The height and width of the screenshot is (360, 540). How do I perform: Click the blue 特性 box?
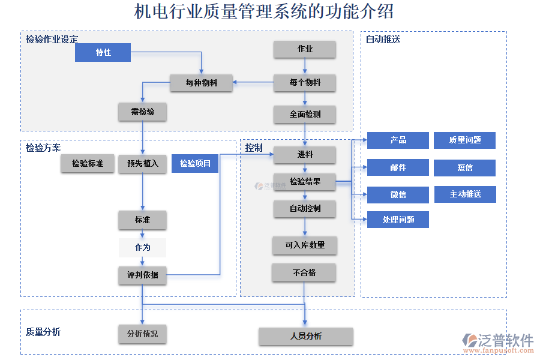click(103, 52)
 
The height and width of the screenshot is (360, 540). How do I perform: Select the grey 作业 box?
click(305, 49)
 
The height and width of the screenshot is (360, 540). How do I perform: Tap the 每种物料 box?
click(201, 83)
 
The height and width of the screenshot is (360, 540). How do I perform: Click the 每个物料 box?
click(305, 83)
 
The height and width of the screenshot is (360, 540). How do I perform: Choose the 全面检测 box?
click(305, 114)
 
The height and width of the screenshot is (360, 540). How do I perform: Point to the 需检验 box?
click(142, 112)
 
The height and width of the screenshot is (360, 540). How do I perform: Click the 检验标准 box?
click(87, 163)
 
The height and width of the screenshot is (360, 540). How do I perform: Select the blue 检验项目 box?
click(195, 163)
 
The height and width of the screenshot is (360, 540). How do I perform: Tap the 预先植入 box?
click(142, 163)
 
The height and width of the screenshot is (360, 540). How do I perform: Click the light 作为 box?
click(142, 247)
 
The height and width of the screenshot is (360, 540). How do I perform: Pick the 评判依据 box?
click(142, 275)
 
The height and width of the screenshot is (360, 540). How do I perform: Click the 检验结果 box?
click(305, 181)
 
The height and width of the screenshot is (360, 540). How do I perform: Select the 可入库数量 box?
click(305, 245)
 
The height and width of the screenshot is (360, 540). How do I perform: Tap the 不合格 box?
click(304, 272)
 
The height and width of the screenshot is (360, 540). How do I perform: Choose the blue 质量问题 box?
click(464, 140)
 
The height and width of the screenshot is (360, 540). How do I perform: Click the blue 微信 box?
click(398, 194)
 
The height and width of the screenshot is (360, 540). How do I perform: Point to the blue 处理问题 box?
click(398, 220)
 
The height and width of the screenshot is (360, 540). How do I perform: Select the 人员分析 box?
click(305, 336)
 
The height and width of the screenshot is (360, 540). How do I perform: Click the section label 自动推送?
click(383, 40)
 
